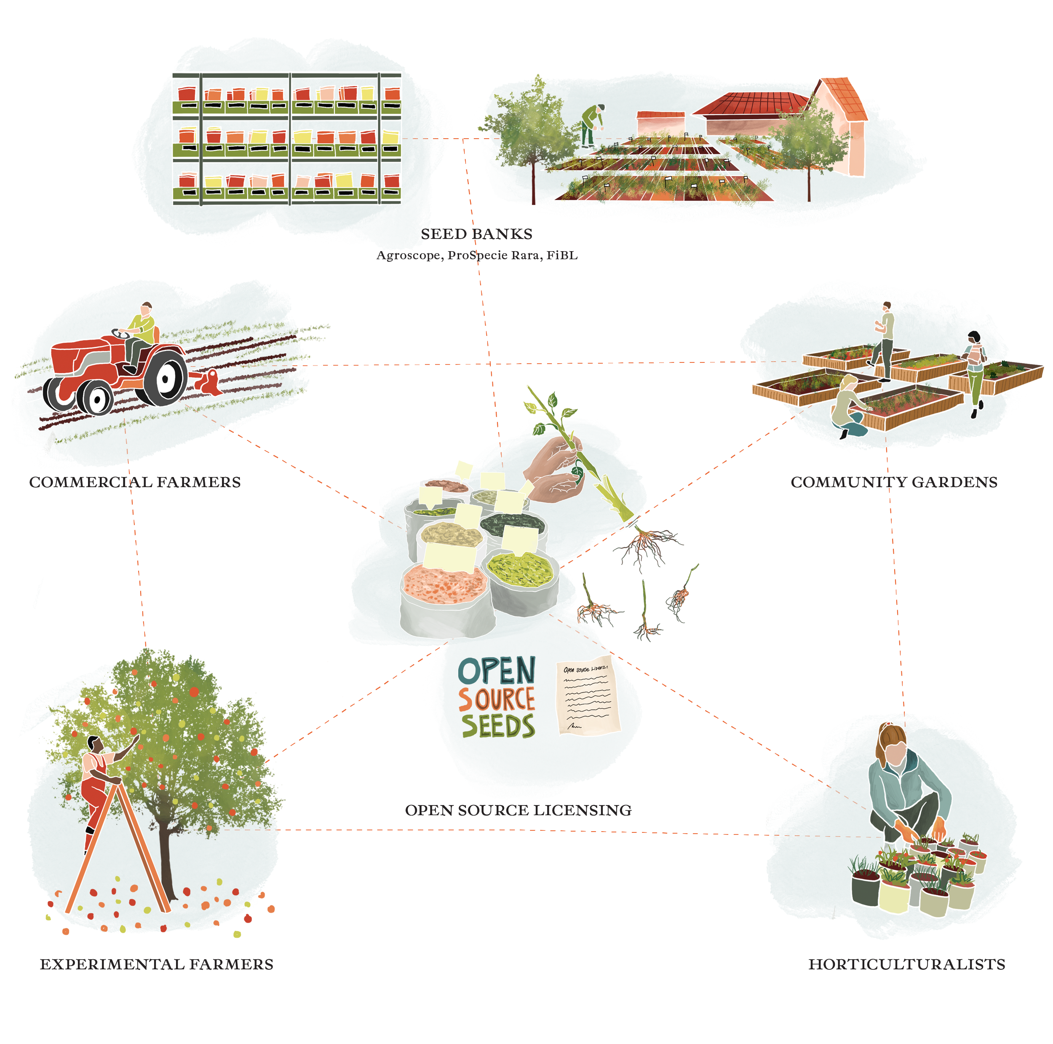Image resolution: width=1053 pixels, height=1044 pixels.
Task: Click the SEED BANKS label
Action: click(x=476, y=234)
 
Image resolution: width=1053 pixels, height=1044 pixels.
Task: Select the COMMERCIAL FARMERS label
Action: click(x=135, y=482)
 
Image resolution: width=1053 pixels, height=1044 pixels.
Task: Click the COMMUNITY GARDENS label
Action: click(x=894, y=482)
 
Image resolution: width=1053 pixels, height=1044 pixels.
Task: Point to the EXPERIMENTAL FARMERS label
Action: click(x=156, y=964)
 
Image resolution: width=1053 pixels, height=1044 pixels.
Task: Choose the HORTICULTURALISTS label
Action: click(x=906, y=964)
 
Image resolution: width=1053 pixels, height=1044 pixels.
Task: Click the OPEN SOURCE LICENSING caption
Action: click(x=518, y=811)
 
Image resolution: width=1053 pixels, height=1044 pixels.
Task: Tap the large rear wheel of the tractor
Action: click(x=165, y=378)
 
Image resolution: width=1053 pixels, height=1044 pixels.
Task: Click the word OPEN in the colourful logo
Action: click(x=497, y=671)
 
